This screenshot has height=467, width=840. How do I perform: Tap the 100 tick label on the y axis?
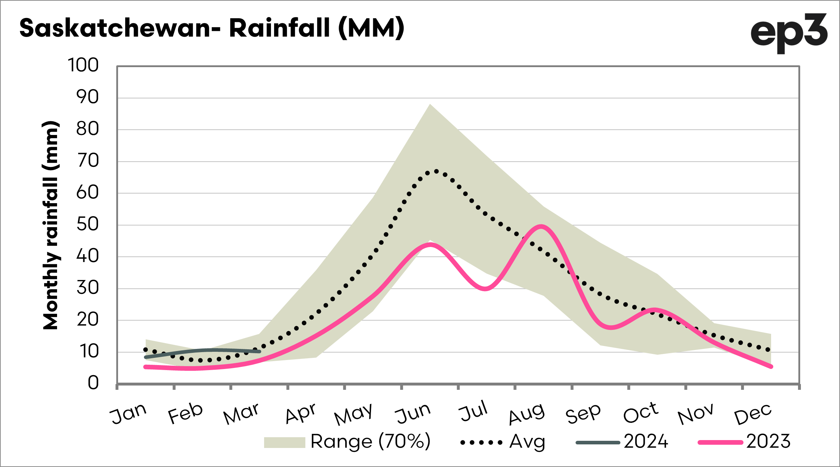[83, 65]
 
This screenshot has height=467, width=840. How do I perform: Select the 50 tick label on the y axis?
[87, 225]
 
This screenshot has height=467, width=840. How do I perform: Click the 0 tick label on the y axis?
[93, 383]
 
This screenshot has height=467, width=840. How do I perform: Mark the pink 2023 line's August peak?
[541, 226]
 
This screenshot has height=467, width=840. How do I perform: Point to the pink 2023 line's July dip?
[485, 289]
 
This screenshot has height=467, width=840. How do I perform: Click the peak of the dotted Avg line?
[436, 171]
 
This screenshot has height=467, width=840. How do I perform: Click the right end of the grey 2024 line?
[259, 351]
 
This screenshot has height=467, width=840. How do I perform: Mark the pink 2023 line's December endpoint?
[771, 366]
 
